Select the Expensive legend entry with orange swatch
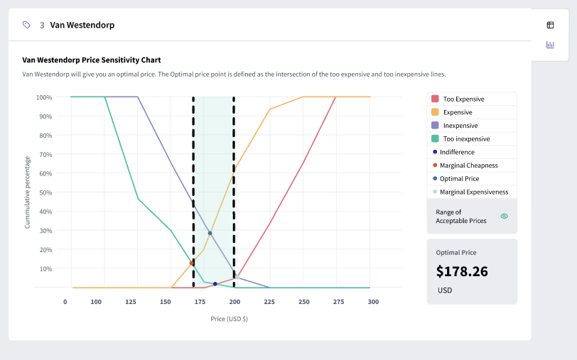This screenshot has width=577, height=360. (457, 112)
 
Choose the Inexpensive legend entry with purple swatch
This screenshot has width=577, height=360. (460, 126)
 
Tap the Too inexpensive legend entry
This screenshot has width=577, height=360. (466, 139)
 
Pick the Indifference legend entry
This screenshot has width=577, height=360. (457, 152)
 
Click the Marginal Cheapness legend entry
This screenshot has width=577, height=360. (468, 165)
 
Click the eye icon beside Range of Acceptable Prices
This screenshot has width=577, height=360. (504, 216)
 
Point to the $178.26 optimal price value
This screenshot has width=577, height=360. (462, 271)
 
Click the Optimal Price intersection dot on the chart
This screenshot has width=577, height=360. (210, 233)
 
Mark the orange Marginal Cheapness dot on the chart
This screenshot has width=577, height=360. (192, 263)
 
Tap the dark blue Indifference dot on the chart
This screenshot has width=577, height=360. (215, 284)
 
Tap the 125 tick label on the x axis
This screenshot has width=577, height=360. (130, 302)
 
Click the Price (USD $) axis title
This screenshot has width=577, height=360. (230, 319)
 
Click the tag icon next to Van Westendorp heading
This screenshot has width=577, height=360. (26, 25)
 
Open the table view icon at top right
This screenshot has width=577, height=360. (550, 25)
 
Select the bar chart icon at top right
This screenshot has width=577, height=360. (550, 45)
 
